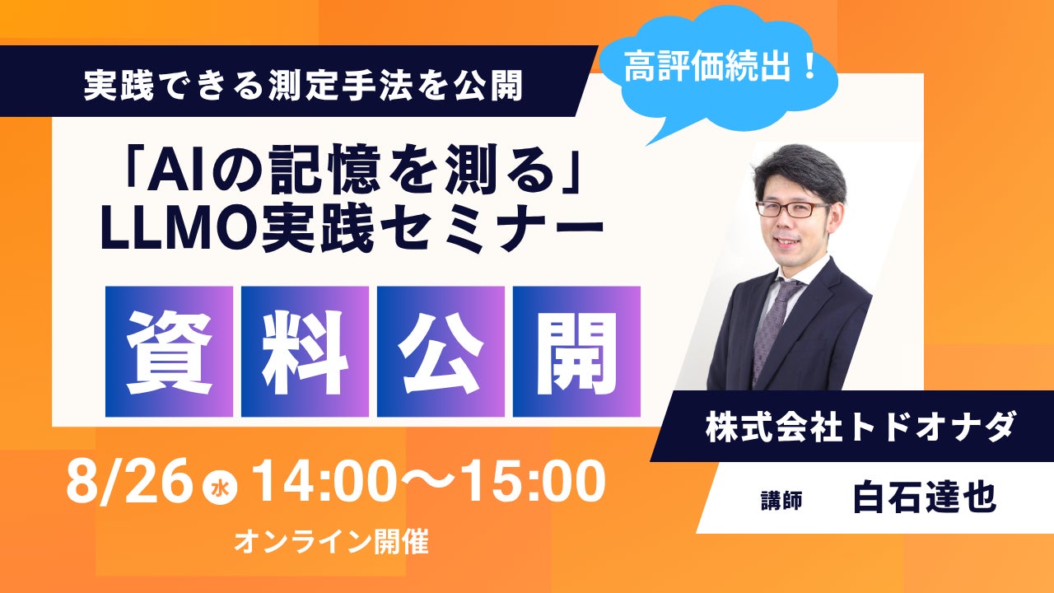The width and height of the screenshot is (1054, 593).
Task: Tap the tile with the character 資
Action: (x=169, y=352)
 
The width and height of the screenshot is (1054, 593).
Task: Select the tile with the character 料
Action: (x=305, y=352)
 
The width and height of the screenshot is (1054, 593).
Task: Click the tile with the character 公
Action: (x=441, y=352)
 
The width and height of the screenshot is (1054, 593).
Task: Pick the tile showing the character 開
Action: (x=577, y=352)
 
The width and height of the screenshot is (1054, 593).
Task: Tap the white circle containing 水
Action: (x=220, y=489)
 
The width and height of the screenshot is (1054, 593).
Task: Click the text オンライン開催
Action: (x=331, y=542)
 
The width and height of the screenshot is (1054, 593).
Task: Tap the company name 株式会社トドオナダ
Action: (x=859, y=427)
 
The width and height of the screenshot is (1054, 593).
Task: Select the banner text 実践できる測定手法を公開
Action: (x=304, y=86)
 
